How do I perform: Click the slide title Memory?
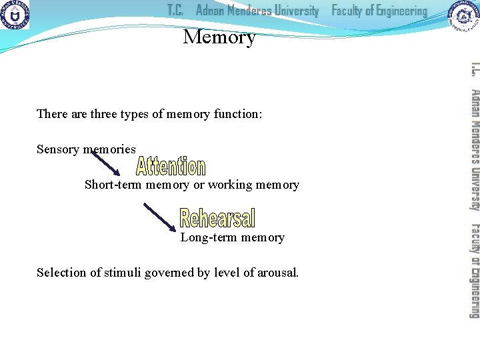219,37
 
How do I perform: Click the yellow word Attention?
171,167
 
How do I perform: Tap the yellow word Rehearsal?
217,218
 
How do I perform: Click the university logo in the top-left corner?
15,17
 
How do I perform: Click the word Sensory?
58,149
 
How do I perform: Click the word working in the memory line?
231,185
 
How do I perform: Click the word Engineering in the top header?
398,11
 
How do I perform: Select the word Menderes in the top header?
257,11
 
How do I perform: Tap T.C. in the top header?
175,11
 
